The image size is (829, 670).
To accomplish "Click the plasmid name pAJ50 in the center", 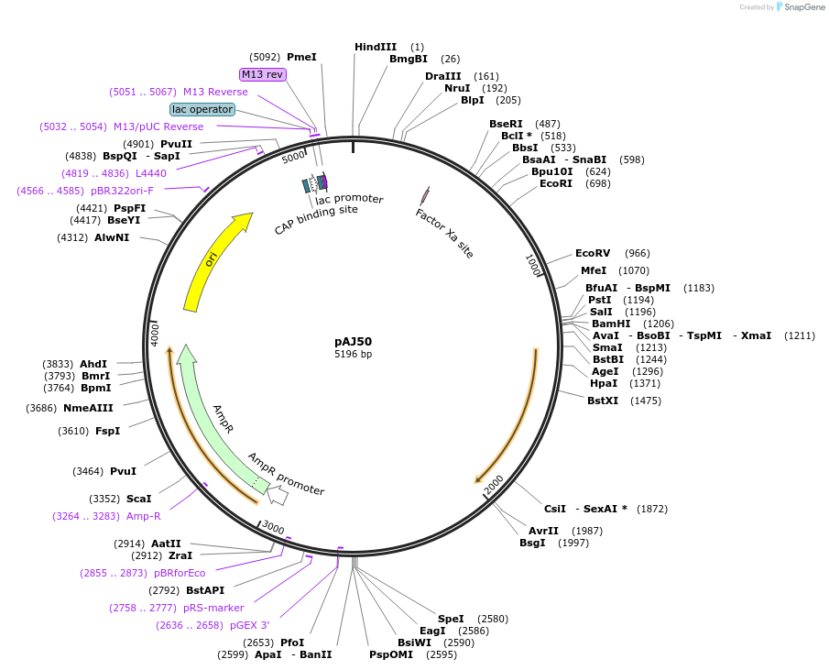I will [x=353, y=341].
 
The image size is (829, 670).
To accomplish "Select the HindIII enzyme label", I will [x=376, y=47].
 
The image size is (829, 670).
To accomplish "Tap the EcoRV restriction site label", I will [x=593, y=253].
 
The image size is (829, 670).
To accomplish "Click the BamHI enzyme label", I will [x=611, y=324].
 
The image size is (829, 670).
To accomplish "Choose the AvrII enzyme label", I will [x=543, y=531].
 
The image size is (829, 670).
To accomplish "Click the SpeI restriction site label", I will [x=451, y=619].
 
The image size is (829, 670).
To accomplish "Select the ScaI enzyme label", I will [x=138, y=499].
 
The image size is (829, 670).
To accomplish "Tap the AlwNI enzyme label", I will [x=112, y=237].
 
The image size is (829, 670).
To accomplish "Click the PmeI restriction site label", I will [x=301, y=57].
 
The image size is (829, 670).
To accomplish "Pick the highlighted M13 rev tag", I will [x=263, y=74].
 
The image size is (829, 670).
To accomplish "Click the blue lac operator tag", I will [x=202, y=109].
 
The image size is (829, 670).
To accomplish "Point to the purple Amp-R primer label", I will [x=143, y=516].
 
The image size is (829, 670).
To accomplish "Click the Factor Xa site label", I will [x=444, y=233].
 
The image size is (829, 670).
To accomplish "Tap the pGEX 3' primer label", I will [x=250, y=625].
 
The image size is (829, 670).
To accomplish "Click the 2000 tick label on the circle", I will [x=494, y=487].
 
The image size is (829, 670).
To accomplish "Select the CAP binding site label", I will [x=316, y=221].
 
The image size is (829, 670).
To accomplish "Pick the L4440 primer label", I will [x=151, y=173].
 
